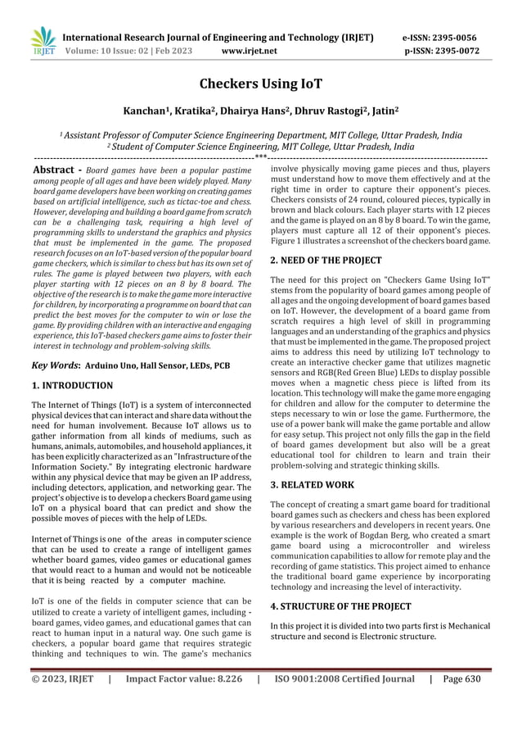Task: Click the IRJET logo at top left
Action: (x=43, y=42)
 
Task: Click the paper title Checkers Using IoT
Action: (x=260, y=84)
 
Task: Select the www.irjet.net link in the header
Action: (x=250, y=51)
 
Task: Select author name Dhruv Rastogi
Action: (x=328, y=111)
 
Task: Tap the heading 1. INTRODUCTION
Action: (x=72, y=385)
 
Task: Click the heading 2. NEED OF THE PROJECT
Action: (x=326, y=261)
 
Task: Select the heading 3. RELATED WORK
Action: (x=312, y=485)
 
